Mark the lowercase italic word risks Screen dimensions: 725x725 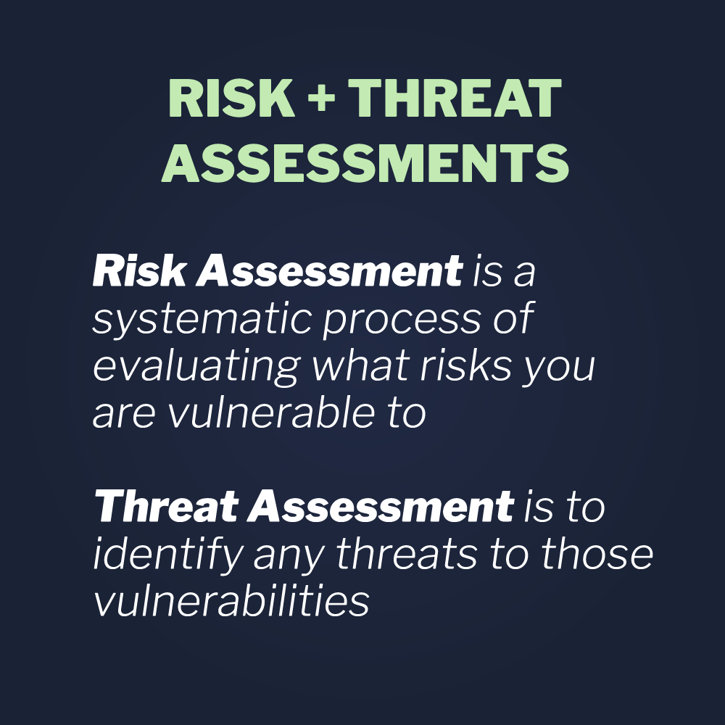pos(461,367)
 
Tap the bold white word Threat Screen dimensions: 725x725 pos(165,507)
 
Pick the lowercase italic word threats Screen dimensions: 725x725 pos(405,555)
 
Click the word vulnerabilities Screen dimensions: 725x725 pos(231,602)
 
